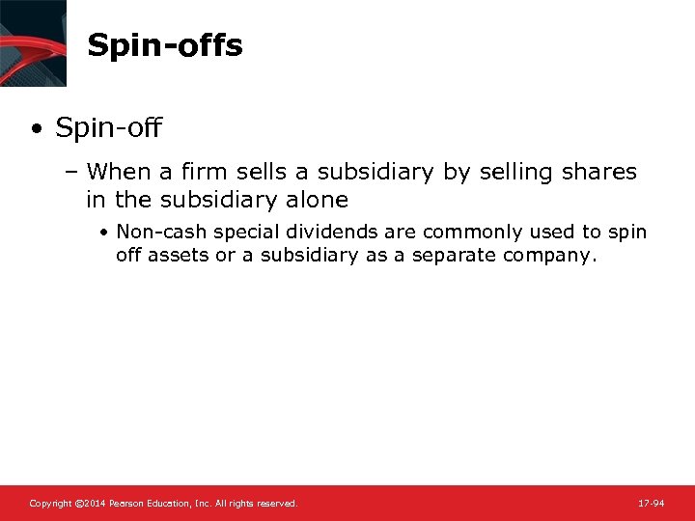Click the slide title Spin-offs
pyautogui.click(x=164, y=45)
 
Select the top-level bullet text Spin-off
pyautogui.click(x=109, y=127)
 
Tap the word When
pyautogui.click(x=119, y=172)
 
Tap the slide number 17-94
pyautogui.click(x=651, y=504)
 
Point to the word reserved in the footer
pyautogui.click(x=277, y=504)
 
